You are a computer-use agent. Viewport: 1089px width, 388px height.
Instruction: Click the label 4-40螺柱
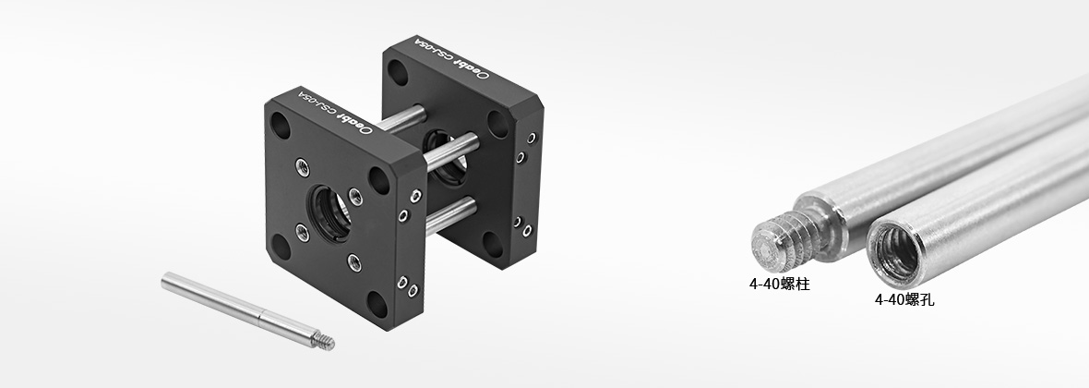click(779, 285)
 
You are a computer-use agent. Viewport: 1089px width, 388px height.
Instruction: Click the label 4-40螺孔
click(904, 299)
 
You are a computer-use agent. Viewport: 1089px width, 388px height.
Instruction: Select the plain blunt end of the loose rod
click(167, 280)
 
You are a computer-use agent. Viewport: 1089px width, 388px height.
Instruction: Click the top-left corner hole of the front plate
click(280, 126)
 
